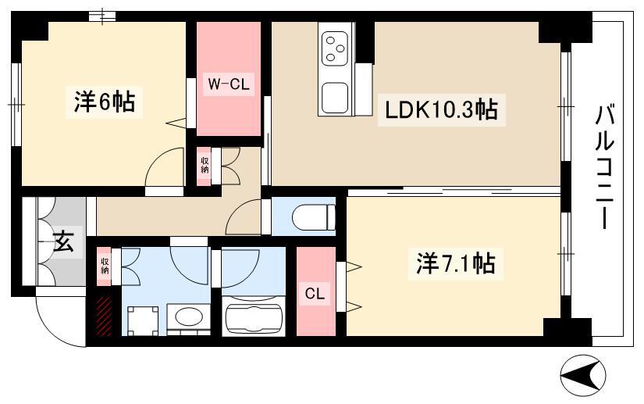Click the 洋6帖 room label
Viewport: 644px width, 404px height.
point(105,102)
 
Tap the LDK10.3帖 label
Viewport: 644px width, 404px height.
point(441,109)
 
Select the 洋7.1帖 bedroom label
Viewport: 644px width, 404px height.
point(455,263)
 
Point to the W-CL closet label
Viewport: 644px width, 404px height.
point(229,84)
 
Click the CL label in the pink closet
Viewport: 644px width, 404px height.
point(315,294)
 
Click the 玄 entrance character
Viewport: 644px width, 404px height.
point(64,241)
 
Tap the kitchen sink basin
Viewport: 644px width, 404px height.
point(335,98)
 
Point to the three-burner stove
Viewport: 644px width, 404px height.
point(334,48)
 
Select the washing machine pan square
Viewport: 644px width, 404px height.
point(143,321)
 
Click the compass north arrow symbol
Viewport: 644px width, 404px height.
point(583,375)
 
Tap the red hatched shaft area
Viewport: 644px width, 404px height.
point(104,316)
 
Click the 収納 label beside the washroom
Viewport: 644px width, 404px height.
point(105,266)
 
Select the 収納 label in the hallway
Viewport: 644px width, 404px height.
point(205,165)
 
